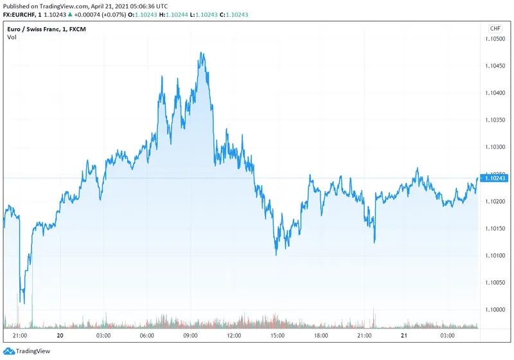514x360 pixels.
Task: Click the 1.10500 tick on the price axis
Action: tap(495, 39)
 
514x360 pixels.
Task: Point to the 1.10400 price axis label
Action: tap(495, 93)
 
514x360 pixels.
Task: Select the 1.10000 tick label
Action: tap(495, 309)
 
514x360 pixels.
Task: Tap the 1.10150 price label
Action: tap(495, 228)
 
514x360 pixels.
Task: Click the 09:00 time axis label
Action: tap(190, 335)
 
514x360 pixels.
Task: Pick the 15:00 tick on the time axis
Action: tap(278, 335)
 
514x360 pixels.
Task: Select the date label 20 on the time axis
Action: tap(60, 335)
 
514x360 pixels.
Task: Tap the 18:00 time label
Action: tap(321, 335)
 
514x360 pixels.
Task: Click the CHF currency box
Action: tap(495, 28)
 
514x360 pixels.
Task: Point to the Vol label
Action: tap(12, 37)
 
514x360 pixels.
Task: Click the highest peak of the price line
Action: tap(202, 53)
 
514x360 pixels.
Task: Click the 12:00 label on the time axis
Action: tap(234, 335)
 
